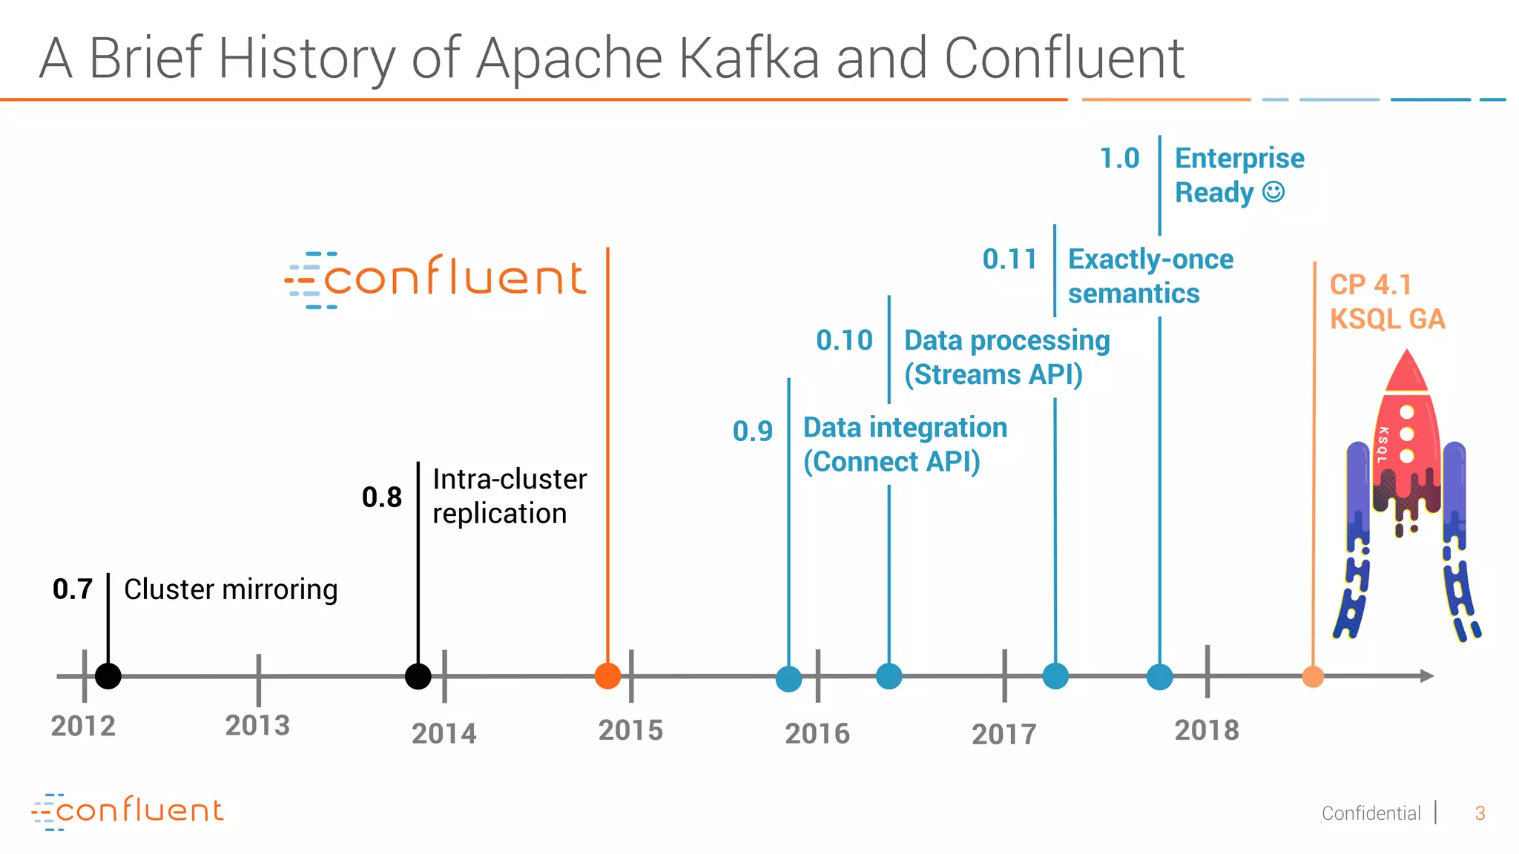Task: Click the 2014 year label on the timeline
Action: coord(444,734)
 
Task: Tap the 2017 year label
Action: coord(1004,735)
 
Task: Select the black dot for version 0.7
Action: coord(108,676)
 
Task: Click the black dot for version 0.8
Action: coord(418,676)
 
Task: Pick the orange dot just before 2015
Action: coord(607,676)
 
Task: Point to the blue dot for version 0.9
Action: coord(788,678)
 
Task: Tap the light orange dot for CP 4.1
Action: coord(1313,677)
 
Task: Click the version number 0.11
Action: coord(1009,259)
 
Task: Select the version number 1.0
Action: coord(1118,159)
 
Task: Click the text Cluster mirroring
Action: coord(231,589)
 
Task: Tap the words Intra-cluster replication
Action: coord(509,496)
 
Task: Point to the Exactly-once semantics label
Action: coord(1150,276)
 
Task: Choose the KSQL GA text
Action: coord(1387,320)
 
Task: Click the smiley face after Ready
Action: coord(1273,192)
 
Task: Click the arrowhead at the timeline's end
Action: coord(1426,676)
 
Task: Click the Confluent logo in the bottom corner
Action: coord(127,811)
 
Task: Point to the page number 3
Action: coord(1480,813)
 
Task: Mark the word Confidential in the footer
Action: coord(1371,813)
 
